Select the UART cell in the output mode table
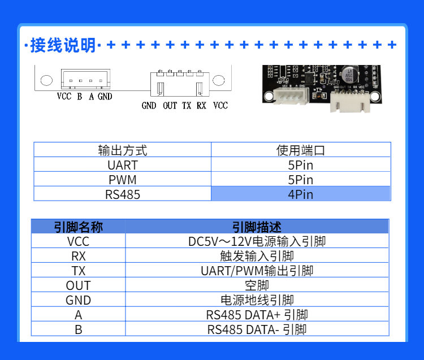(122, 165)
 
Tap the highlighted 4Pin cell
(300, 194)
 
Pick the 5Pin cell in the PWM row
(300, 180)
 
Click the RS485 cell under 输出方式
(122, 194)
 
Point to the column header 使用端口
(300, 150)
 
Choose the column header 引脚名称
(78, 227)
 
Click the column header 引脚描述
(257, 227)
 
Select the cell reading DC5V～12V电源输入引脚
(257, 242)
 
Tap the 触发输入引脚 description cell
(257, 257)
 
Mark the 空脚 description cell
(257, 286)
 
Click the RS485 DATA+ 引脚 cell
(257, 315)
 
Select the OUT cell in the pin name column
(78, 286)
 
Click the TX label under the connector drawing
(187, 106)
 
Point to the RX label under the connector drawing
(201, 106)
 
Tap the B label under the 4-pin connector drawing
(80, 97)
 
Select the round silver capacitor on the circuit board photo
(349, 74)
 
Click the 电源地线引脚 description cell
(257, 300)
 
